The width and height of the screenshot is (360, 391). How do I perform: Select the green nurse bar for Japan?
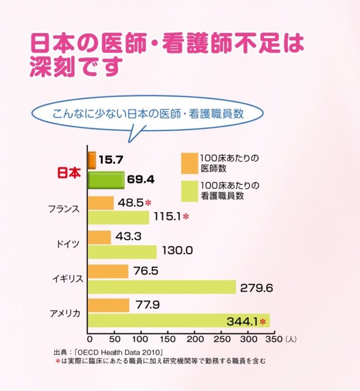tap(106, 180)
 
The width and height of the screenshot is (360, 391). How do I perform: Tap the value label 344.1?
tap(241, 321)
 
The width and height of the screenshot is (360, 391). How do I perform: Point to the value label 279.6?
tap(256, 288)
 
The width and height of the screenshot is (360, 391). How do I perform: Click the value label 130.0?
tap(177, 251)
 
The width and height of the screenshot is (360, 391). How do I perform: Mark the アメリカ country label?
tap(66, 313)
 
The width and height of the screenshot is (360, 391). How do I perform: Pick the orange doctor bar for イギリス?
tap(108, 271)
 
